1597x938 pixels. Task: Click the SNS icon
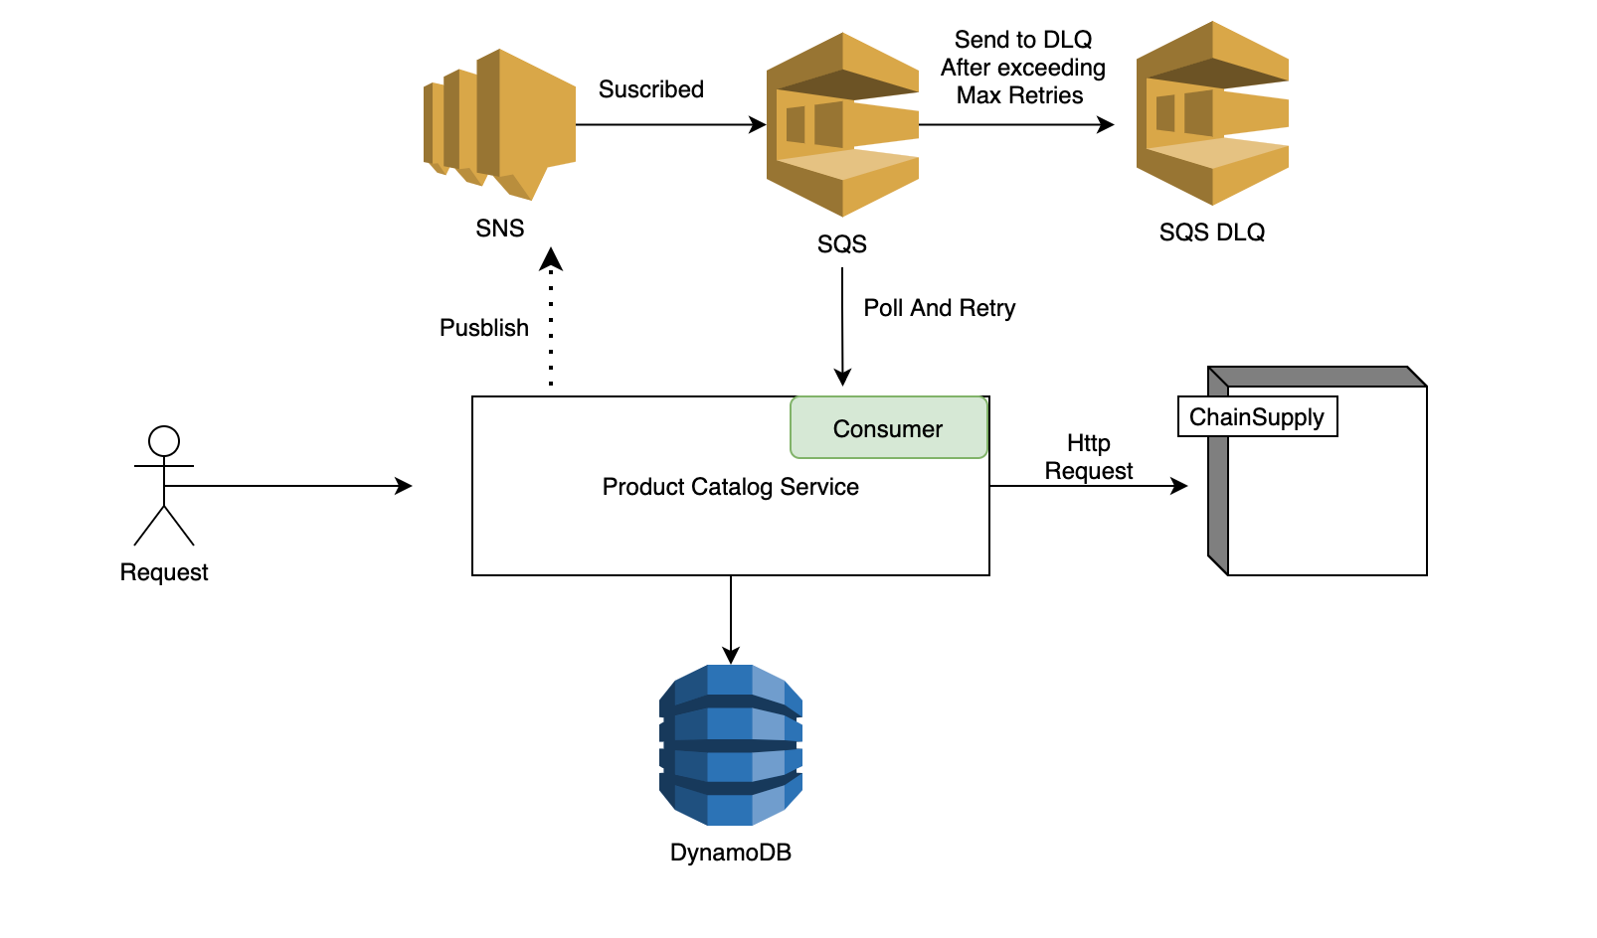(x=500, y=124)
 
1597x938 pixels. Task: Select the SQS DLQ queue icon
(x=1212, y=114)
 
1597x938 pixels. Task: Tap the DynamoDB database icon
(x=731, y=744)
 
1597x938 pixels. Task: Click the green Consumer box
(x=888, y=428)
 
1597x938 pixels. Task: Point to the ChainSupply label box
(x=1257, y=416)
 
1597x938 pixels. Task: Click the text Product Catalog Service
(x=730, y=487)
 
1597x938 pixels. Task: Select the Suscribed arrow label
(x=651, y=89)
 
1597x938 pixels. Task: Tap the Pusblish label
(x=484, y=328)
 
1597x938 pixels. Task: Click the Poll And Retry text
(x=939, y=308)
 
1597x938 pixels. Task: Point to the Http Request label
(x=1089, y=457)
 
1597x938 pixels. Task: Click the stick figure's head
(x=164, y=440)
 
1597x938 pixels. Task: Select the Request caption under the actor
(x=164, y=572)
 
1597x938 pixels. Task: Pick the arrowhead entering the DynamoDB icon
(x=731, y=655)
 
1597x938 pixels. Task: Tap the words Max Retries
(x=1019, y=95)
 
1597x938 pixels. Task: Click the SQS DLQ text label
(x=1212, y=233)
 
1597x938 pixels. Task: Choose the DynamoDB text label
(x=731, y=853)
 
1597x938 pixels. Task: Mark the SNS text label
(x=499, y=229)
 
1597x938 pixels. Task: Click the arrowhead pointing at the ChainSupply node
(x=1179, y=486)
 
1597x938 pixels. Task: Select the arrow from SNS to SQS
(x=666, y=125)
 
